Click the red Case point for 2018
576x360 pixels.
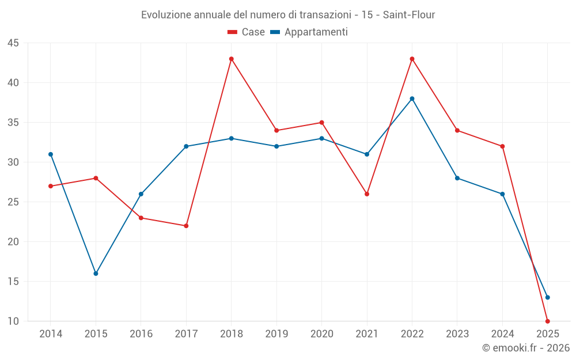pos(231,59)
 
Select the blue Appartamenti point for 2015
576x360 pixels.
pos(96,274)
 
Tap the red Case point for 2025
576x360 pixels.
pos(547,321)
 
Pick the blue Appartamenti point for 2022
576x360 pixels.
pos(412,98)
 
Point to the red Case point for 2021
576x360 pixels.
pos(367,194)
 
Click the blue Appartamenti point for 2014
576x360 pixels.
pos(51,154)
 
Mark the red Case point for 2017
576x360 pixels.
pos(186,226)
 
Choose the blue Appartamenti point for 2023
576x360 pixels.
pos(457,178)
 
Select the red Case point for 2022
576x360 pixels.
pos(412,59)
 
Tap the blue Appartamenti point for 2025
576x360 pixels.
pos(547,297)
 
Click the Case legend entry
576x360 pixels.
pos(247,32)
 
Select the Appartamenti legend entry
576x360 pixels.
pos(309,32)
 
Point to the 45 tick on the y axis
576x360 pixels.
pos(13,43)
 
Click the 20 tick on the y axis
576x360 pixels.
pos(13,242)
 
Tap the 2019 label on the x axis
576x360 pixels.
pos(276,334)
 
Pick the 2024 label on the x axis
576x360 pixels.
pos(502,334)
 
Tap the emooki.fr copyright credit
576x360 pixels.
pos(526,348)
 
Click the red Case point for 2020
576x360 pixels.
pos(321,123)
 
